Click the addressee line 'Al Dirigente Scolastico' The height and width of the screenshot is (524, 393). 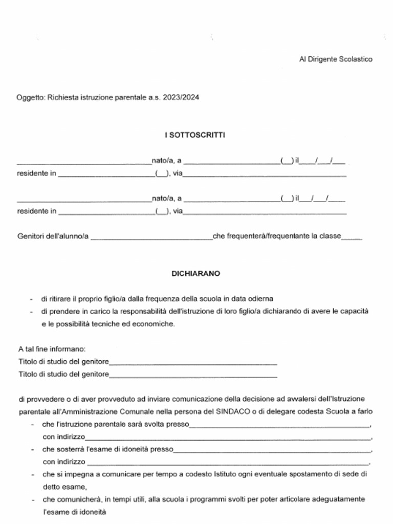pos(336,59)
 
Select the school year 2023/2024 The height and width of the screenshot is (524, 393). pos(181,97)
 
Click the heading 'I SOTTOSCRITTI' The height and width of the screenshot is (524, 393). pos(195,135)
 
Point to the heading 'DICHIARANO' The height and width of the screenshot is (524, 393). pos(195,274)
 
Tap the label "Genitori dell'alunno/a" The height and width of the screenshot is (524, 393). pos(53,236)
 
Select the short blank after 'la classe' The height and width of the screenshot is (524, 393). pos(352,238)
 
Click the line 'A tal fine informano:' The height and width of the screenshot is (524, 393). pos(51,350)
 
